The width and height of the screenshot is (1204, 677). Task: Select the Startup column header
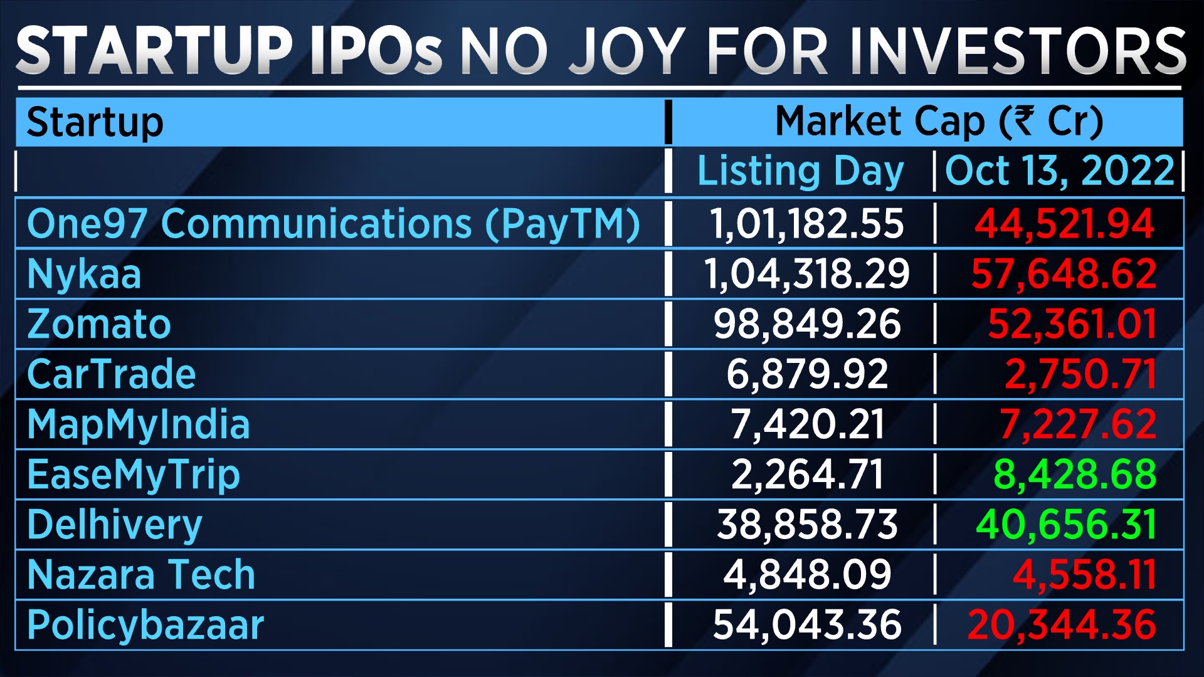(x=95, y=122)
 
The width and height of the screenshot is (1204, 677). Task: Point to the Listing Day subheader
(x=800, y=171)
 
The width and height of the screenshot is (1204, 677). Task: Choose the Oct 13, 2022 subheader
(x=1059, y=171)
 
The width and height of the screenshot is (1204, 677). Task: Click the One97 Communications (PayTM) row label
(x=333, y=224)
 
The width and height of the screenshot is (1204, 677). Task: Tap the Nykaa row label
(x=84, y=274)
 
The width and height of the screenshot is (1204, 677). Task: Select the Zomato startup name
(x=98, y=324)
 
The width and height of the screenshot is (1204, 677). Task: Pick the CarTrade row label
(x=111, y=374)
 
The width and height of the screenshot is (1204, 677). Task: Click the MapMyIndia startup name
(x=138, y=424)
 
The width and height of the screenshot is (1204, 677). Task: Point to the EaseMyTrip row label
(x=133, y=475)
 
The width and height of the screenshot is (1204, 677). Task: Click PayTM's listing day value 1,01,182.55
(x=806, y=224)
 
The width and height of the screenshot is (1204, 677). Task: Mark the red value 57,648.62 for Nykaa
(x=1064, y=274)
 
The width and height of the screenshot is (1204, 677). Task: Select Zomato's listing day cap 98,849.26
(x=806, y=324)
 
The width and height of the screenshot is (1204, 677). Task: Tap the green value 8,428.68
(x=1074, y=475)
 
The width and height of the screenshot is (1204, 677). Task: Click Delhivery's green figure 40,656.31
(x=1065, y=525)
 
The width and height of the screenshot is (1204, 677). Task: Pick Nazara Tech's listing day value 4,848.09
(x=806, y=575)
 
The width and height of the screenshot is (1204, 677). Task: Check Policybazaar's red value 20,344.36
(x=1061, y=625)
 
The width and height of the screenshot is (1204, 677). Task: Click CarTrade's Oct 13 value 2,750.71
(x=1080, y=374)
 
